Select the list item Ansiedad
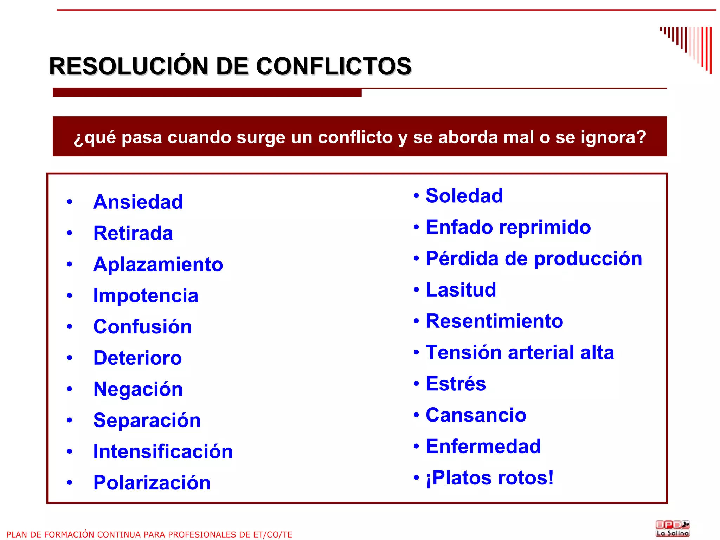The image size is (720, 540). [138, 202]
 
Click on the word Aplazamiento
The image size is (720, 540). [158, 265]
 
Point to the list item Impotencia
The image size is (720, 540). [146, 296]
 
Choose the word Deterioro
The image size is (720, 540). [137, 358]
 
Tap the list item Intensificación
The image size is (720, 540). [163, 452]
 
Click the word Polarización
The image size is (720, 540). [152, 483]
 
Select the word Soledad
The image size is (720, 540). [464, 196]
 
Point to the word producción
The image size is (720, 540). [588, 259]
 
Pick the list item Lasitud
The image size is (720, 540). [461, 290]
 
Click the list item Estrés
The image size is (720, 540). [456, 384]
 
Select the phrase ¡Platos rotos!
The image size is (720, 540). [489, 478]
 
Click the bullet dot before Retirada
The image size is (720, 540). [70, 233]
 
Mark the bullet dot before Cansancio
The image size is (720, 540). [416, 415]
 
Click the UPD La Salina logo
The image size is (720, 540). [672, 529]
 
